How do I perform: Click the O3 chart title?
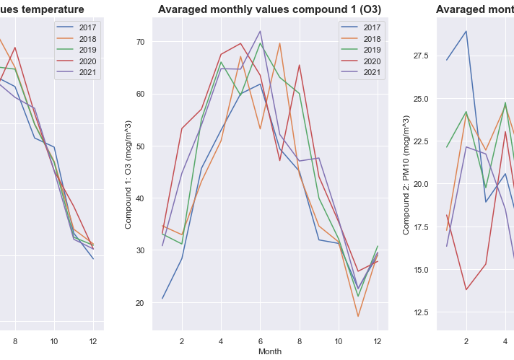tap(269, 9)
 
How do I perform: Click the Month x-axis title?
tap(270, 351)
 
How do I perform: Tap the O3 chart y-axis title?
tap(128, 174)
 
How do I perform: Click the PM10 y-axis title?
tap(406, 174)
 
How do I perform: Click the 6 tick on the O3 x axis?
tap(261, 341)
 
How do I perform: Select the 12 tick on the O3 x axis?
tap(378, 341)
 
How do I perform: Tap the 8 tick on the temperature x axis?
tap(14, 341)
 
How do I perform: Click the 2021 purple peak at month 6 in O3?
tap(261, 31)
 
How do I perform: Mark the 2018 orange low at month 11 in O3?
tap(358, 316)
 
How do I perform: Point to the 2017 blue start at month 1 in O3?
tap(162, 298)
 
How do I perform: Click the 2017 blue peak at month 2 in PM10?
tap(466, 31)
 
